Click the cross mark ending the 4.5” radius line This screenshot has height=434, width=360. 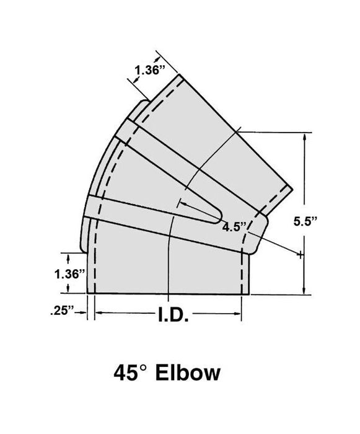(x=301, y=254)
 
